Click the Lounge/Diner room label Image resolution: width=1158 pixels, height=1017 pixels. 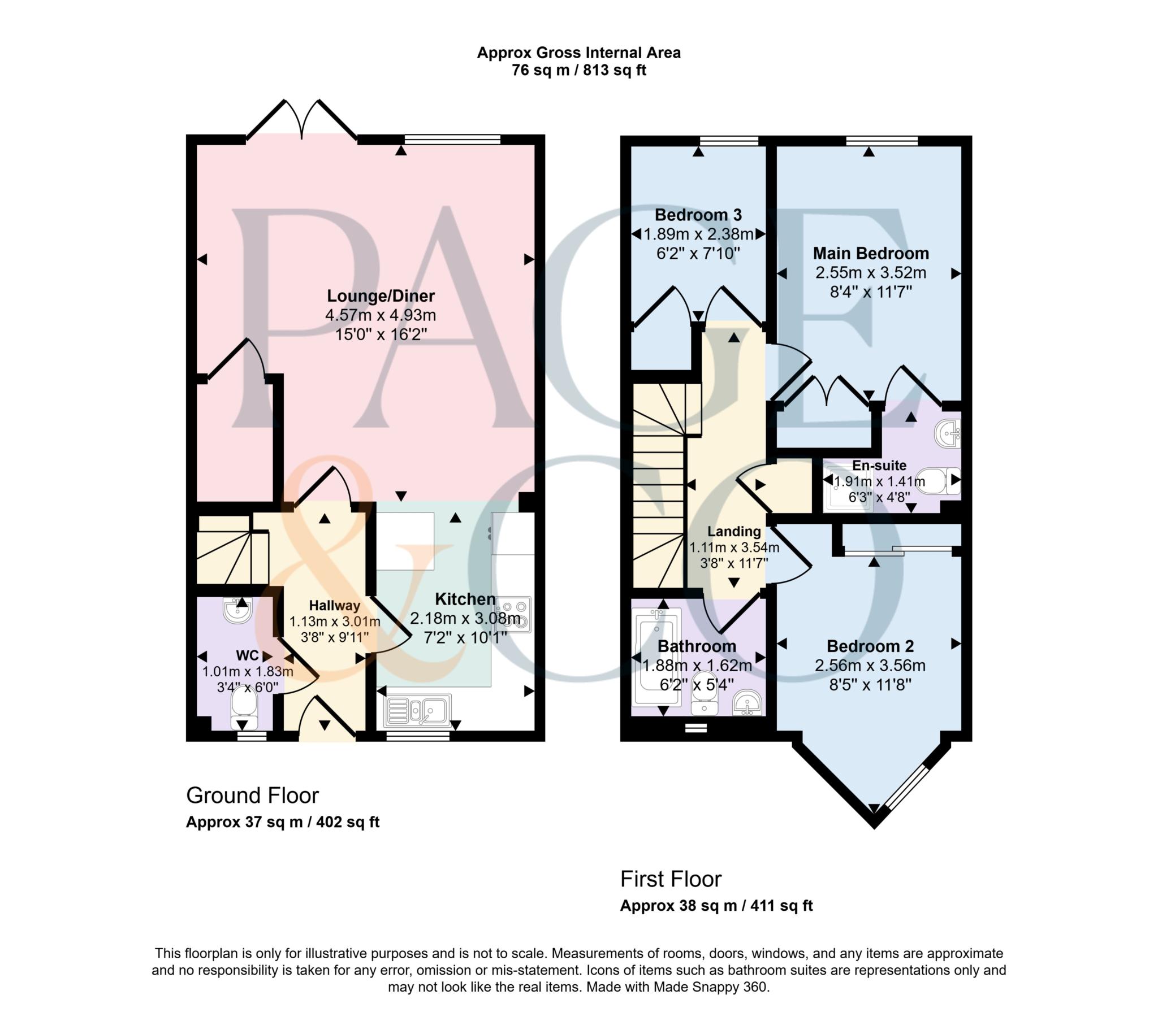point(381,295)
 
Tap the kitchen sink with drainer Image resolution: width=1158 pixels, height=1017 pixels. point(417,710)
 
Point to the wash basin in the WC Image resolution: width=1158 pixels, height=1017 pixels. point(237,610)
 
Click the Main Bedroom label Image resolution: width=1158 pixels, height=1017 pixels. point(871,253)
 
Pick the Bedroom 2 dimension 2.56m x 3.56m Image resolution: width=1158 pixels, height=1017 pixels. point(870,666)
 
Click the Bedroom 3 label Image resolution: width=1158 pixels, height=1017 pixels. point(698,215)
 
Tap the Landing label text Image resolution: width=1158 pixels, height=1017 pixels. point(734,531)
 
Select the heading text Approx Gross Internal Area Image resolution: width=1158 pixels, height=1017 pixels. point(578,53)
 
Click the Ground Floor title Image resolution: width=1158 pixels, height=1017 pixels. point(252,796)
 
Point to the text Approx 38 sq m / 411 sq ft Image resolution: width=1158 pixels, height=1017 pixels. point(716,906)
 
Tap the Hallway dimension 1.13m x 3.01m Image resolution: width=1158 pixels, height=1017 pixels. point(334,621)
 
